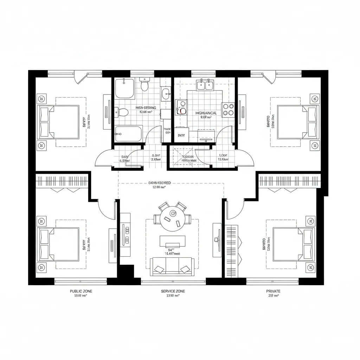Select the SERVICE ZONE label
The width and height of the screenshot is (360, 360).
coord(173,291)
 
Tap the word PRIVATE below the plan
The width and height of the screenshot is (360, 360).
coord(274,291)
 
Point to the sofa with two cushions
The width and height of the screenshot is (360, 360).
coord(172,266)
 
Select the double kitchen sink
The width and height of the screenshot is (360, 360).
coord(205,85)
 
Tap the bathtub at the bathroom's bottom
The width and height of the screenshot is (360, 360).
coord(128,134)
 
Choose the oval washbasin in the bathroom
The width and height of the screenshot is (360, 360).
coord(166,93)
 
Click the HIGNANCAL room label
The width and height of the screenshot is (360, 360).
coord(206,113)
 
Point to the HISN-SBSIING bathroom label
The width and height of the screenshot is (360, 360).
coord(148,108)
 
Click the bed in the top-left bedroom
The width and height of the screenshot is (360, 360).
coord(58,122)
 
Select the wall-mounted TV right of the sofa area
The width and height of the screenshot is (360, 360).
coord(217,240)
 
